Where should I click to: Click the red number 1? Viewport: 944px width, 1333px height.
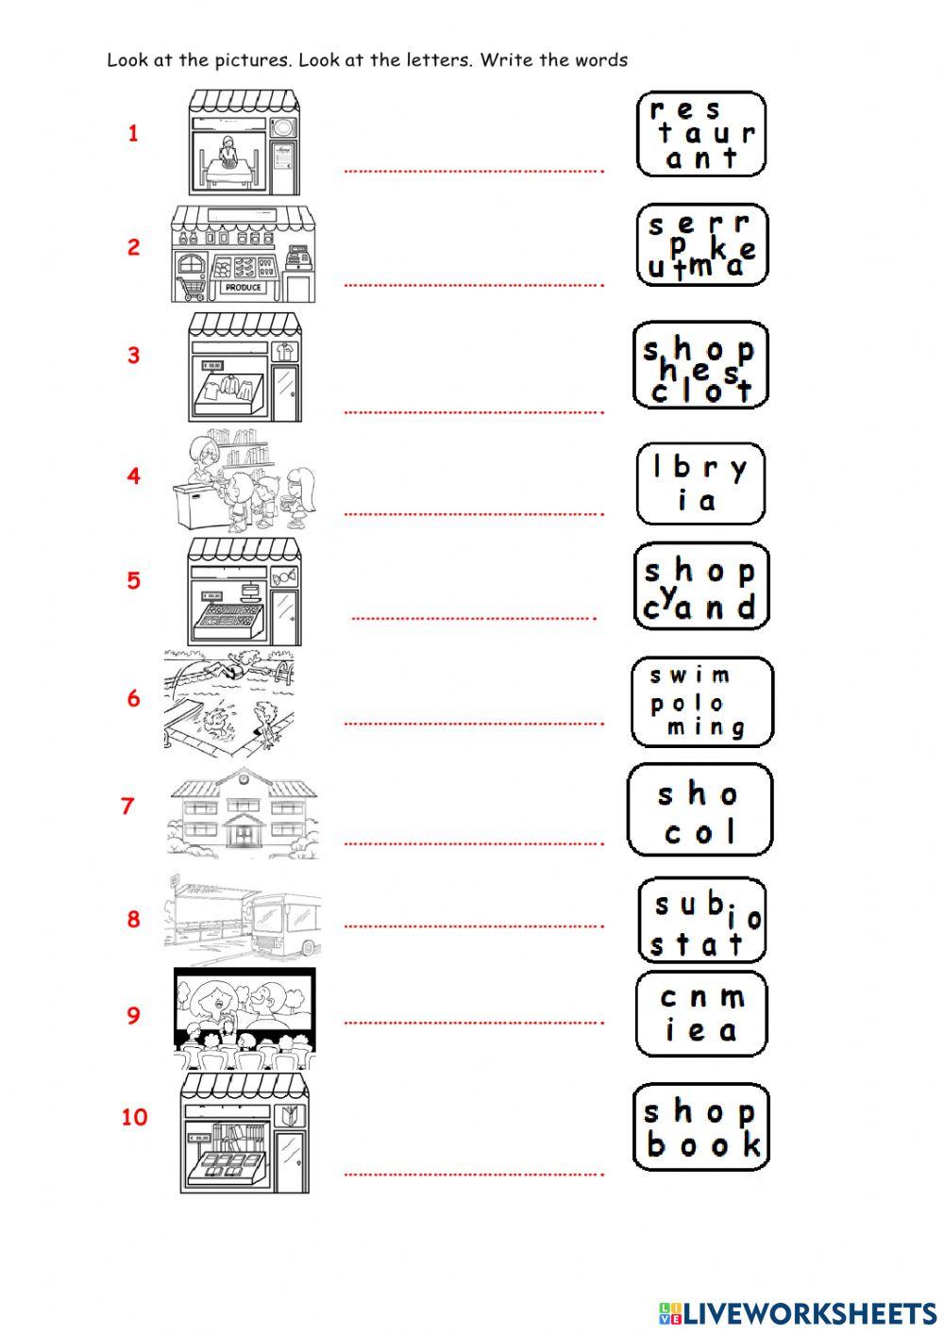click(x=133, y=133)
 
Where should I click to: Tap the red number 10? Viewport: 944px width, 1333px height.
click(x=135, y=1117)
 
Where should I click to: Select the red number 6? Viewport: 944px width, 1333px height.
click(x=133, y=698)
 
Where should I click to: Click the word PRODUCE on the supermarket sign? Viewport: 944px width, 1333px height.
click(x=243, y=288)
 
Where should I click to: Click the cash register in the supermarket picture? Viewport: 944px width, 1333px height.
click(x=299, y=258)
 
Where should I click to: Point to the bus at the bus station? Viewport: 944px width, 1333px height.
click(x=285, y=925)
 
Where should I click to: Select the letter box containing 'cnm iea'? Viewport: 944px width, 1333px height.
click(x=701, y=1014)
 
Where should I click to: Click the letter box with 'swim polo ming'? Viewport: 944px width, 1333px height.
click(x=702, y=702)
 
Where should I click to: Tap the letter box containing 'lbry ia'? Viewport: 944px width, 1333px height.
click(x=701, y=483)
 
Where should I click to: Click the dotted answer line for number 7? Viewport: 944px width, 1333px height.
click(x=474, y=843)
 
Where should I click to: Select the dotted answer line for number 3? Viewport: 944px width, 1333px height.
click(x=474, y=412)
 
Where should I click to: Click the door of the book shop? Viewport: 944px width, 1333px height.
click(x=291, y=1161)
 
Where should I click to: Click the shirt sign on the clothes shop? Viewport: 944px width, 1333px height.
click(x=284, y=351)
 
